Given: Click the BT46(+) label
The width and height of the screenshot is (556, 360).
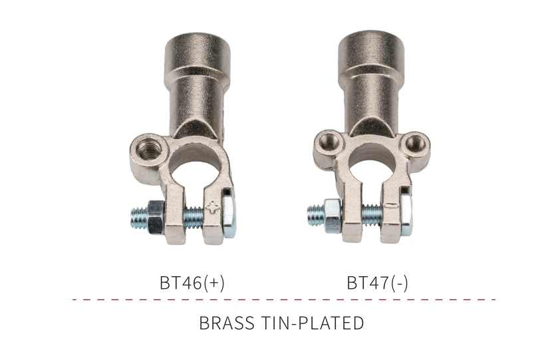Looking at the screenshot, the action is click(x=192, y=283).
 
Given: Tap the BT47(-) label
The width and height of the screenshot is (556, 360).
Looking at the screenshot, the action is click(x=377, y=283).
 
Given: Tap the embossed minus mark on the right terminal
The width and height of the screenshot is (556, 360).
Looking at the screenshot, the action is click(x=392, y=205).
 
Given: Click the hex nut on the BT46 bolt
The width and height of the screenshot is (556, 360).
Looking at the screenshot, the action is click(x=156, y=217).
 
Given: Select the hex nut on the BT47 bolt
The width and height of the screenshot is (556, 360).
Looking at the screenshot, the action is click(x=333, y=216).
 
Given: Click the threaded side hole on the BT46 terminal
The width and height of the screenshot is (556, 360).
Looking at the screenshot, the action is click(x=147, y=148).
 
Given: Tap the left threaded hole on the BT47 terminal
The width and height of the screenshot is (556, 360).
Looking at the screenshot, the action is click(x=327, y=142).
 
